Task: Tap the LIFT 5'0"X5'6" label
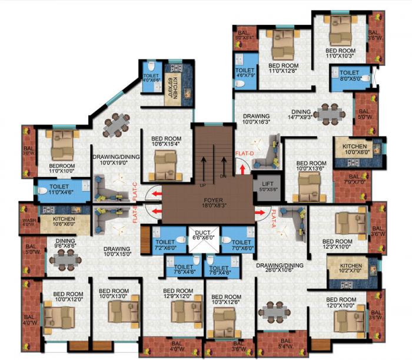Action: (x=267, y=187)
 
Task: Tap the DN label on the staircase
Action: (x=222, y=176)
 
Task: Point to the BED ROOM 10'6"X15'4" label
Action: (x=163, y=138)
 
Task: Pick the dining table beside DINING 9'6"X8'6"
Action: (x=63, y=259)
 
